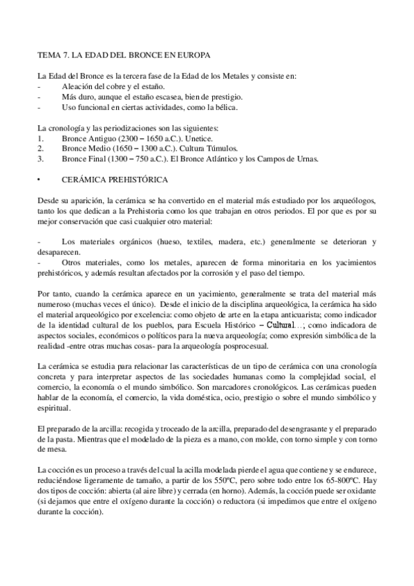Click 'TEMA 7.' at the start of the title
pos(51,53)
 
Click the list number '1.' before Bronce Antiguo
pos(41,138)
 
